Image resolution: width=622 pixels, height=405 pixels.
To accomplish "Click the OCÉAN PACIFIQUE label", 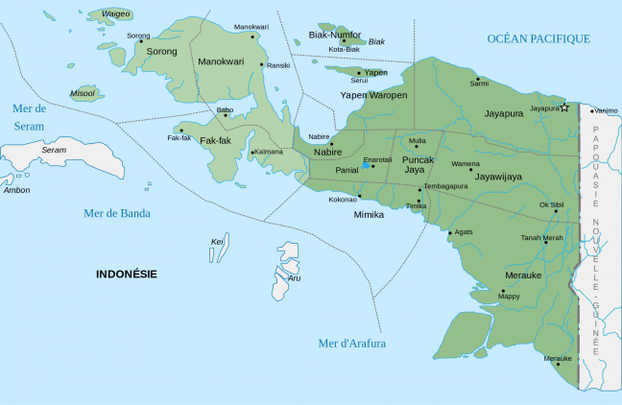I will (538, 38).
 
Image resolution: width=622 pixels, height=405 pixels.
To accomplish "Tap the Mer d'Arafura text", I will (351, 343).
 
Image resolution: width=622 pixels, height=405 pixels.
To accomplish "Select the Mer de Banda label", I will (117, 213).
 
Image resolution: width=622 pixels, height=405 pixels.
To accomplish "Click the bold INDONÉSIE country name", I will (127, 274).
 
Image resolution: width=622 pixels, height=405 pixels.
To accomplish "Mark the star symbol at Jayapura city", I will (565, 107).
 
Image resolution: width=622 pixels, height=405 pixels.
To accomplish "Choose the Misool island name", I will (83, 93).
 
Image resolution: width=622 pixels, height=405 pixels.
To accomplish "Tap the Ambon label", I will (17, 190).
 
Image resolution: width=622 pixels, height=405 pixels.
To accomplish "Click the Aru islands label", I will (295, 278).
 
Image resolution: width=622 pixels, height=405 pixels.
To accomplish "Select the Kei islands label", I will (217, 241).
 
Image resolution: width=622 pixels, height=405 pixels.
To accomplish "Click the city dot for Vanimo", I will (590, 110).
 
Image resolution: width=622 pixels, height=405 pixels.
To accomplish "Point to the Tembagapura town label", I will (445, 185).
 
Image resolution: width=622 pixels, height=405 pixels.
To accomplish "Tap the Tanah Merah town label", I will (541, 237).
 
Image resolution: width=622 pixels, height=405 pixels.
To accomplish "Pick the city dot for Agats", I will (449, 232).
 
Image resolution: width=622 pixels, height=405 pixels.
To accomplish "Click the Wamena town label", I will (466, 163).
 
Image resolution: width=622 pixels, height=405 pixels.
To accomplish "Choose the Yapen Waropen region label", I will (374, 95).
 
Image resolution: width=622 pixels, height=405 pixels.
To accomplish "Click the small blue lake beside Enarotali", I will (365, 166).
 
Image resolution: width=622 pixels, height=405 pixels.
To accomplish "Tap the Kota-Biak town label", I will (344, 49).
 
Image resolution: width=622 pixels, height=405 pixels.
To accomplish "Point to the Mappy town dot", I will (502, 290).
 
